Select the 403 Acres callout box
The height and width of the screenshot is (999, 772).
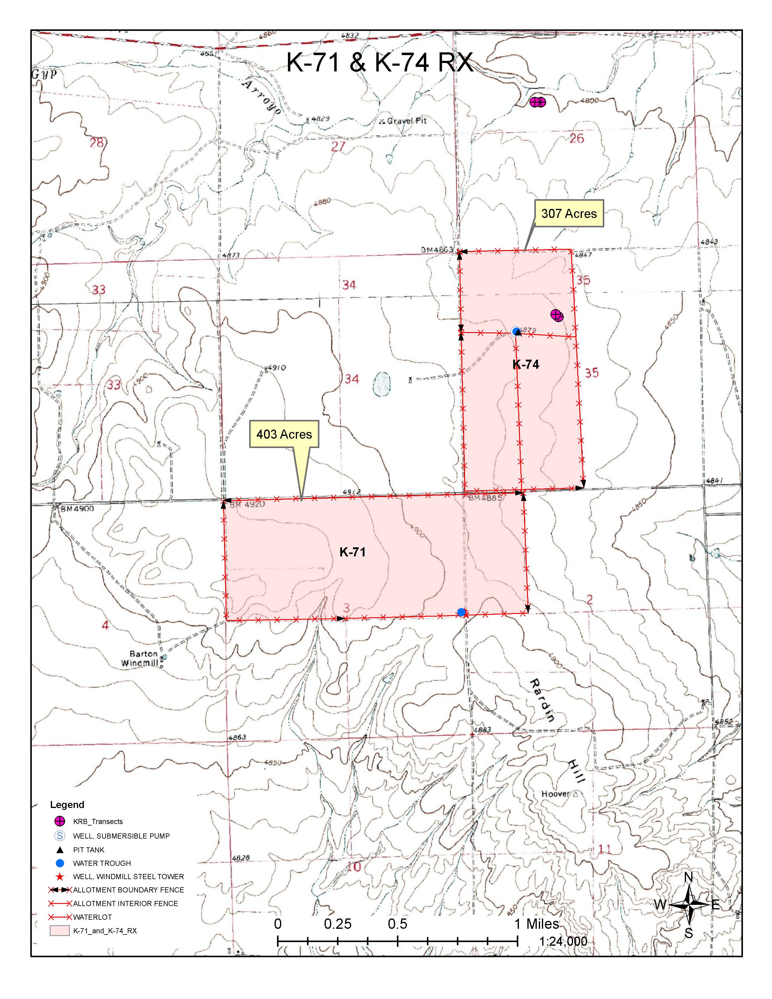(284, 434)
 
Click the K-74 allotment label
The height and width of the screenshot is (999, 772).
(526, 364)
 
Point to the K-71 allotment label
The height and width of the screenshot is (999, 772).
(353, 552)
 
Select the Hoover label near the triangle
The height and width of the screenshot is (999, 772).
(555, 794)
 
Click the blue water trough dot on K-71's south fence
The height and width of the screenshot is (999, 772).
(461, 612)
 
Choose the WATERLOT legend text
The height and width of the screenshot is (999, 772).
(92, 917)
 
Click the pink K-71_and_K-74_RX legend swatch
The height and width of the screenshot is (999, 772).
(59, 931)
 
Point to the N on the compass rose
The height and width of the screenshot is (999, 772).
(689, 877)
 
